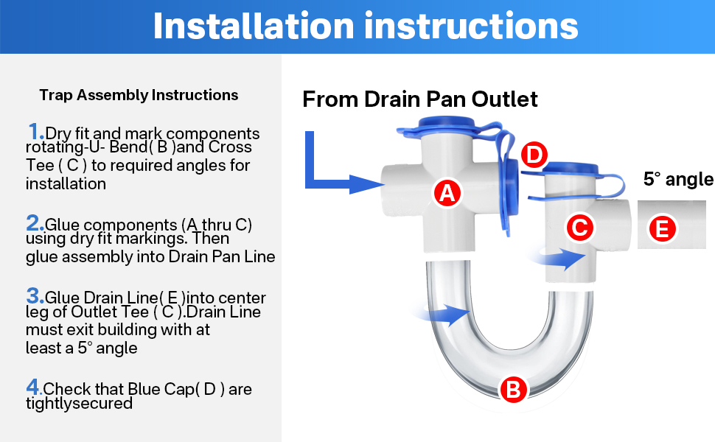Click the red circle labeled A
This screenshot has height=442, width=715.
446,193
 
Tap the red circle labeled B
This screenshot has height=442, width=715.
513,388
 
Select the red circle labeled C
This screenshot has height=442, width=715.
579,228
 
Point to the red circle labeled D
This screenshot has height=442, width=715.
534,155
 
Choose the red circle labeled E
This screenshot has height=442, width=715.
661,229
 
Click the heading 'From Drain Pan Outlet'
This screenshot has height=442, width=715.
420,99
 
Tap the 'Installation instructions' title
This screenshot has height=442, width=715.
365,27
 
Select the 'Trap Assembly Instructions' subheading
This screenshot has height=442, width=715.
139,95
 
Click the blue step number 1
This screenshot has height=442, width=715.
35,132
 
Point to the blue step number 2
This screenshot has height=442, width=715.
35,222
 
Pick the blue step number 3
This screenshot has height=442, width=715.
35,296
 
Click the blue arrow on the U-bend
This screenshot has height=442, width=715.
445,315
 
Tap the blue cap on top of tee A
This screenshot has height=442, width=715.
446,122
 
